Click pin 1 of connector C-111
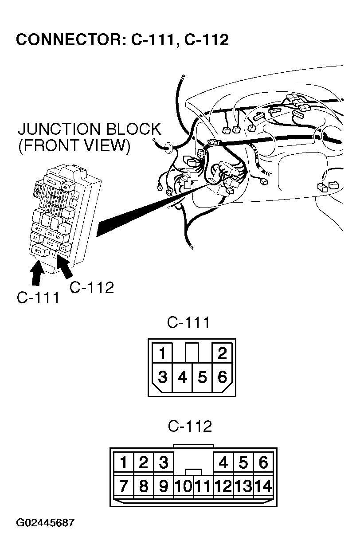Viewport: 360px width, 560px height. point(163,353)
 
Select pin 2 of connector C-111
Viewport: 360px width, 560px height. point(223,353)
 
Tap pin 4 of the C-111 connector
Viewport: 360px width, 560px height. point(182,378)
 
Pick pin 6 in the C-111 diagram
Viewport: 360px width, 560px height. point(223,378)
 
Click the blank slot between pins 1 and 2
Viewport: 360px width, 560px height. point(192,352)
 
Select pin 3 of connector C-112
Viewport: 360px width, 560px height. point(164,463)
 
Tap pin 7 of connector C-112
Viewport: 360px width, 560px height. point(124,486)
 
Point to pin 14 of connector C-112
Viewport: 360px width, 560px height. point(263,486)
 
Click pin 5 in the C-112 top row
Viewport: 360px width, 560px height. point(243,463)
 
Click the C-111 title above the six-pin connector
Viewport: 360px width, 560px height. point(188,323)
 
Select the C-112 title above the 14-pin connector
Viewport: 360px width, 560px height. point(190,427)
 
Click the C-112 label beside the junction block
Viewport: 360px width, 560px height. point(92,287)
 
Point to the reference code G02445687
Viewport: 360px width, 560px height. point(45,523)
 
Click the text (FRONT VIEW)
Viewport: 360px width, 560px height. point(74,147)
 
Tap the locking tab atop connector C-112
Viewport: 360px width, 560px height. point(194,446)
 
